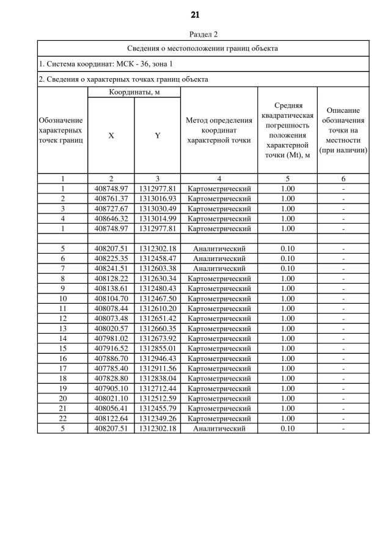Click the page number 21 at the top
coord(195,15)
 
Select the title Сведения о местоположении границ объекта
coord(203,48)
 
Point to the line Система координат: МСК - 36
coord(106,63)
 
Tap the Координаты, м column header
coord(134,92)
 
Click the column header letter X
coord(111,136)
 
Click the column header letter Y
coord(158,136)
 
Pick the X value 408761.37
coord(111,199)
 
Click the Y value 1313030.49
coord(158,209)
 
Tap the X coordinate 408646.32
coord(111,218)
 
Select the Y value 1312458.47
coord(158,259)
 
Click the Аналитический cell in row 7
coord(219,268)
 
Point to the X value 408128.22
coord(111,278)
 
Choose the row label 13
coord(62,328)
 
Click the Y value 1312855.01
coord(158,348)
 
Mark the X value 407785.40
coord(111,368)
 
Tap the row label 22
coord(62,418)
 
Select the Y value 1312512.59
coord(158,398)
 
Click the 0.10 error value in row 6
coord(287,259)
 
